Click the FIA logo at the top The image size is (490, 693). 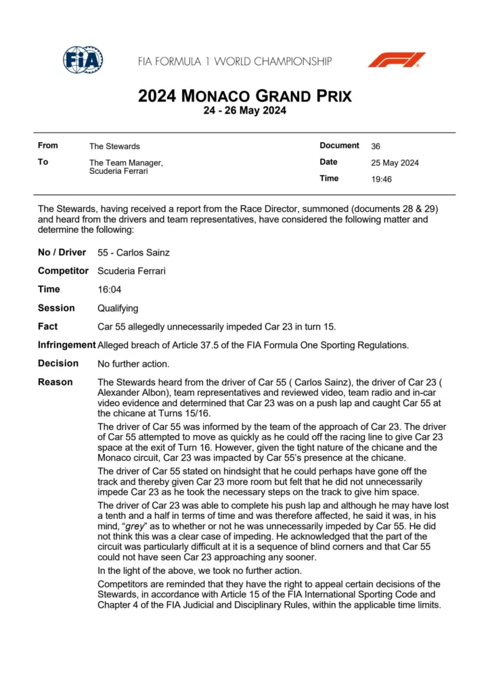83,60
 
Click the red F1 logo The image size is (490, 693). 397,60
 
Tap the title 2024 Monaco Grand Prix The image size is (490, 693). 244,95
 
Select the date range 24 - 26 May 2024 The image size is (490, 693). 244,111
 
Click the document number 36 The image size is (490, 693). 376,146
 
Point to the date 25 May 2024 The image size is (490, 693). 395,162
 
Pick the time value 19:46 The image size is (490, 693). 381,179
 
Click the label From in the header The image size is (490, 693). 48,146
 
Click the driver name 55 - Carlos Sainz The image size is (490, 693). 133,252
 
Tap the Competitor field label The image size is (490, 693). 63,271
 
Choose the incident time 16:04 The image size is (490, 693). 108,290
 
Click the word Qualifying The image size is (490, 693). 118,308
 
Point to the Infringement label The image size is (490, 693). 66,345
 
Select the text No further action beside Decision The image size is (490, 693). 133,363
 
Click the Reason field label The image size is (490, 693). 55,382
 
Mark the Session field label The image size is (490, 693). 55,308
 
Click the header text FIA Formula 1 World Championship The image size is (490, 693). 235,61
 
